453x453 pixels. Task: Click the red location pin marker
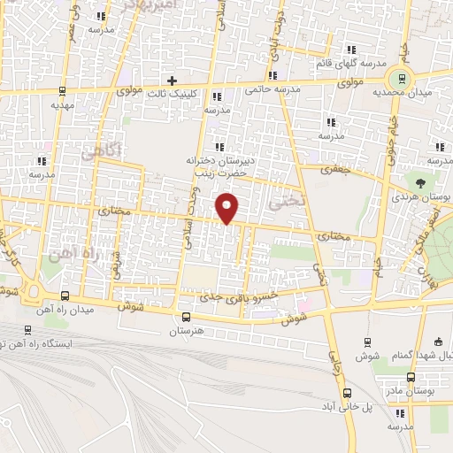tap(228, 207)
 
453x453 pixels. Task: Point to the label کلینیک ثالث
tap(169, 93)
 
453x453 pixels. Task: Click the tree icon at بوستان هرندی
tap(432, 180)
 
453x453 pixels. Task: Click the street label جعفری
tap(335, 168)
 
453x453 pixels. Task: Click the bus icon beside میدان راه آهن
tap(64, 296)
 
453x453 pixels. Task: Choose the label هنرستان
tap(185, 332)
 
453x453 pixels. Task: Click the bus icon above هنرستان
tap(185, 318)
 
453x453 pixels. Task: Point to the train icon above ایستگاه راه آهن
tap(27, 331)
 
